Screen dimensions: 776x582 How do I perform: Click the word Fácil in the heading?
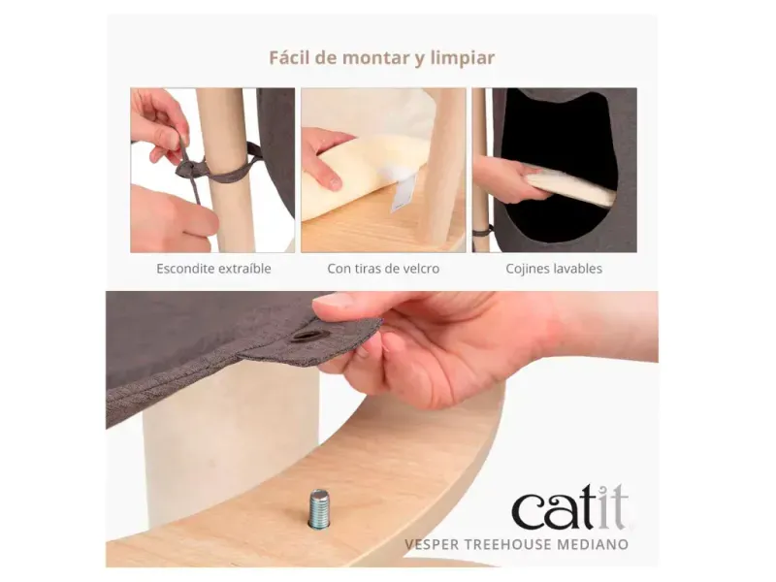point(289,57)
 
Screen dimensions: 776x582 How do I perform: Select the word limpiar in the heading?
point(463,58)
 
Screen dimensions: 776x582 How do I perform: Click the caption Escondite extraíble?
point(213,269)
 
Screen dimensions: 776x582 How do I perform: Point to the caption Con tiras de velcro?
point(383,269)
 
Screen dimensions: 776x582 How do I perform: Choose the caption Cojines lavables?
point(554,269)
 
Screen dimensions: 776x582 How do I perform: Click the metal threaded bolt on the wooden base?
point(318,508)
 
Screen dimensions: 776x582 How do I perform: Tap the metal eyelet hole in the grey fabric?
point(304,336)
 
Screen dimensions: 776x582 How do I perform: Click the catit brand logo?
point(570,507)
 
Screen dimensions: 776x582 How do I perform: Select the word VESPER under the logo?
point(432,544)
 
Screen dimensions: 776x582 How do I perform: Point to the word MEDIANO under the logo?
point(593,544)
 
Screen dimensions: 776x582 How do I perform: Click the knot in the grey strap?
point(189,168)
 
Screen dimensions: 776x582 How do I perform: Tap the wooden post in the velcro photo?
point(445,167)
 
